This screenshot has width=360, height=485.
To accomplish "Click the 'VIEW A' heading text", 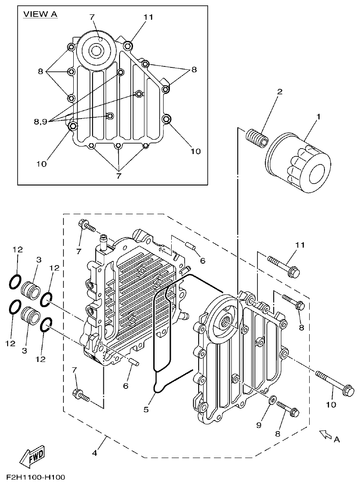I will point(40,14).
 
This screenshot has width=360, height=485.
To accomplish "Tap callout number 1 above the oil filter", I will point(318,117).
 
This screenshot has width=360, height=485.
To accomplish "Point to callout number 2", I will point(280,92).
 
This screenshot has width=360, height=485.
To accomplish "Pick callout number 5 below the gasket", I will point(146,409).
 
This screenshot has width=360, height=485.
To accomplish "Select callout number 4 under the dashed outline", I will point(94,453).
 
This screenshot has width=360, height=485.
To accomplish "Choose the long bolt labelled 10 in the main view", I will point(335,383).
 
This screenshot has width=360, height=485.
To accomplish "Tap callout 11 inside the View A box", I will point(148,17).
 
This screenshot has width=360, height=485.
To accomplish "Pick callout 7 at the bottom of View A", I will point(119,176).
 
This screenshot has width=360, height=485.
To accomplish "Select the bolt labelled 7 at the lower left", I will point(81,395).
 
